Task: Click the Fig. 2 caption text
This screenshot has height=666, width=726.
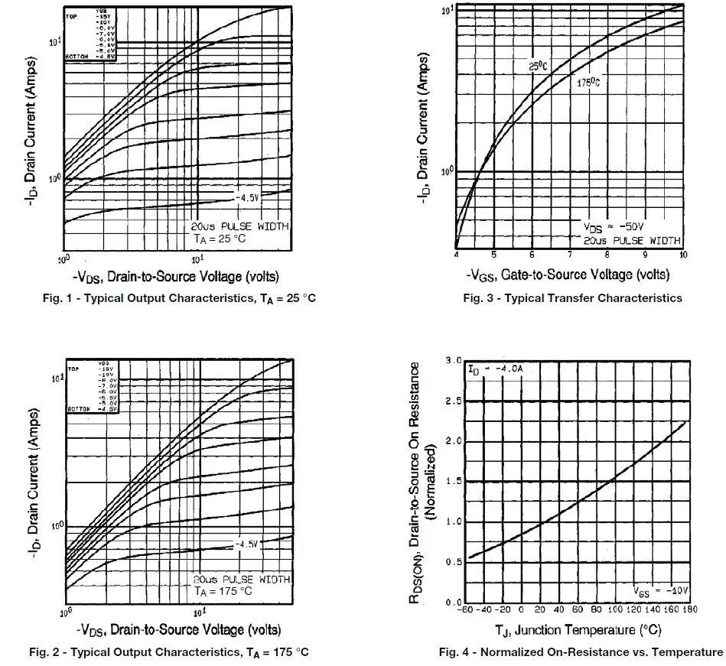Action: tap(168, 651)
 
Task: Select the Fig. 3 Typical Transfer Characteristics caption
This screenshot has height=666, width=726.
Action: tap(572, 298)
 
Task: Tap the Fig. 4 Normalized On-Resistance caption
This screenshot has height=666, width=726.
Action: tap(580, 651)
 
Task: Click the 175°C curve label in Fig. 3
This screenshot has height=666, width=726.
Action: tap(587, 83)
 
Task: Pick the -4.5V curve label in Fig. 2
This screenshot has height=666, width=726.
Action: tap(248, 544)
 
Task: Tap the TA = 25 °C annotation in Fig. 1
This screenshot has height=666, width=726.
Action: tap(221, 239)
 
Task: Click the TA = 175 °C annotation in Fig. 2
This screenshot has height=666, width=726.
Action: tap(224, 591)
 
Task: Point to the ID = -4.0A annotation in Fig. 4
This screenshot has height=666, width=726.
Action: tap(495, 369)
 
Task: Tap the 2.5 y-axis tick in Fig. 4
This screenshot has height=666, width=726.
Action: tap(453, 401)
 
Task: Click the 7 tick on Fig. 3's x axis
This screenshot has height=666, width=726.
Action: tap(570, 255)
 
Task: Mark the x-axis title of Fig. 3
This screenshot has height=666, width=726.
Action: tap(568, 274)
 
